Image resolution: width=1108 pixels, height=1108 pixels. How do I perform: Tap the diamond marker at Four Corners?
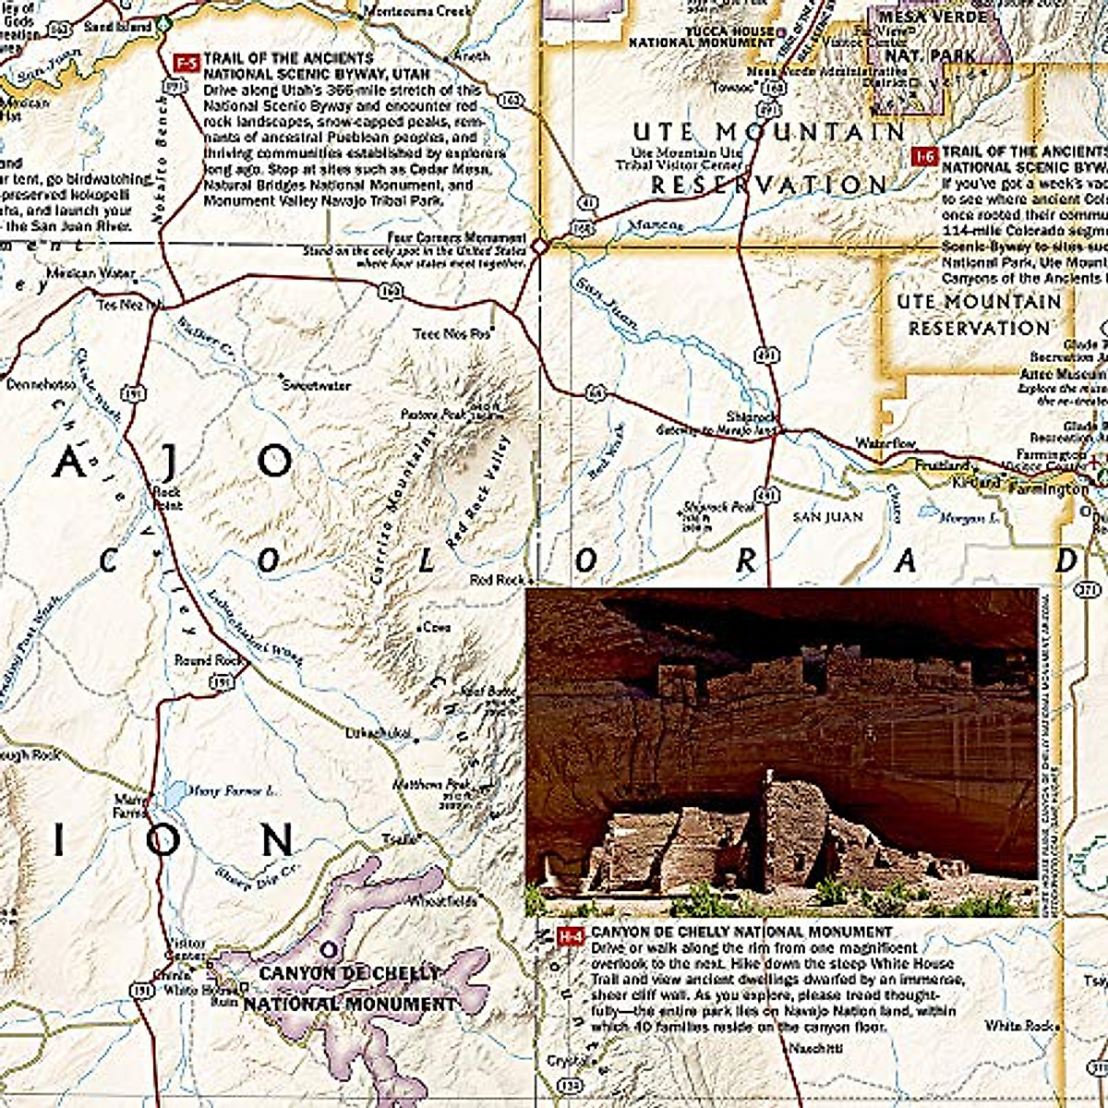(x=539, y=247)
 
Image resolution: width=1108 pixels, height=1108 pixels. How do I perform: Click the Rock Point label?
(x=168, y=499)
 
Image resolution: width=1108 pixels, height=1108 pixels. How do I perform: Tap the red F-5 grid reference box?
(x=187, y=62)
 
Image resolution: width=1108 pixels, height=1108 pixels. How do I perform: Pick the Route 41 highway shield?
(x=586, y=200)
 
